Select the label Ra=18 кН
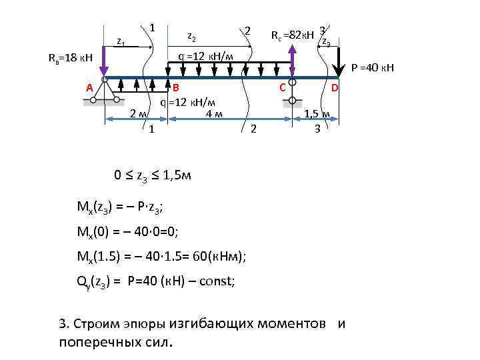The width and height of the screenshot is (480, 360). (74, 58)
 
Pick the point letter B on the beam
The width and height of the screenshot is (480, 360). (176, 88)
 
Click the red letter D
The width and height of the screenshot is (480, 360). (335, 88)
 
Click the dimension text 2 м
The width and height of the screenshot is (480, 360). (139, 114)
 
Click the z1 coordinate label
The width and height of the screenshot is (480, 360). (121, 41)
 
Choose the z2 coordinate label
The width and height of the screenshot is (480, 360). (191, 35)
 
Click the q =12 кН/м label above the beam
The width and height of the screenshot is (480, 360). (205, 56)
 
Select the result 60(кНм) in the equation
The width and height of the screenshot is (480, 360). (213, 257)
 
